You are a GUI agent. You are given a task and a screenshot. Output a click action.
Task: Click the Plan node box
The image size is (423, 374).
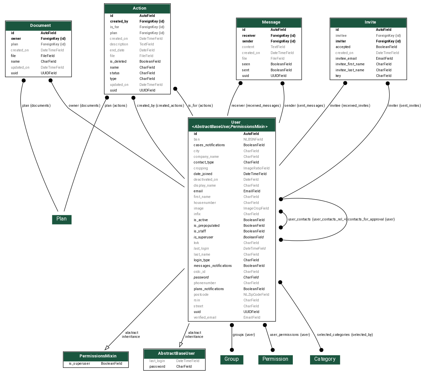coord(62,219)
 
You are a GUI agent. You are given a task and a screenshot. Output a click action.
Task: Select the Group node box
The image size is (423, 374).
coord(232,359)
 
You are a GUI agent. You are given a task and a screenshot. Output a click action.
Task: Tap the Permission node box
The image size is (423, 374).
coord(275,359)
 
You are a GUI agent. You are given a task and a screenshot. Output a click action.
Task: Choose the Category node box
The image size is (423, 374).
coord(325,359)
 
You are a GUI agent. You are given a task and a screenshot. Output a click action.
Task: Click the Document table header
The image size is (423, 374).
coord(38,26)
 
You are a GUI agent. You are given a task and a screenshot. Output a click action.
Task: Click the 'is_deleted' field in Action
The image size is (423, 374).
coord(119,62)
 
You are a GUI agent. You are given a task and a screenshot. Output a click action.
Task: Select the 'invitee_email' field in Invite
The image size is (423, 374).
coord(346,59)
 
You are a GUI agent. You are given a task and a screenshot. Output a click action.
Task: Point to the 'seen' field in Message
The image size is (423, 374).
coord(246,64)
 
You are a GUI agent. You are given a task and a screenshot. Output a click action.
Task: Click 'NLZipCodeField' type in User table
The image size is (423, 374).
coord(256,295)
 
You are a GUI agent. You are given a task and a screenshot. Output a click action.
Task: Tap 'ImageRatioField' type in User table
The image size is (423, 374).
coord(256,168)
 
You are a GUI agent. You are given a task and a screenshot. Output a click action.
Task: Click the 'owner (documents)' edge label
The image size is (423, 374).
coord(84,106)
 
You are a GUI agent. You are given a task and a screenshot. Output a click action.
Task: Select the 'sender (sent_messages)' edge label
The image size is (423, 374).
coord(304,106)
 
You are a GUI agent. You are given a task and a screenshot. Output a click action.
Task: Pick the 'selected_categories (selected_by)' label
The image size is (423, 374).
coord(345,335)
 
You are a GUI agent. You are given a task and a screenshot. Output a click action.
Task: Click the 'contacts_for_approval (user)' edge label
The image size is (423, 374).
coord(371,219)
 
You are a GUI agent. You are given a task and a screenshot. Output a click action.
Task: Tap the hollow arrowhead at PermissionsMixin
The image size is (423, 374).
coord(107,348)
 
